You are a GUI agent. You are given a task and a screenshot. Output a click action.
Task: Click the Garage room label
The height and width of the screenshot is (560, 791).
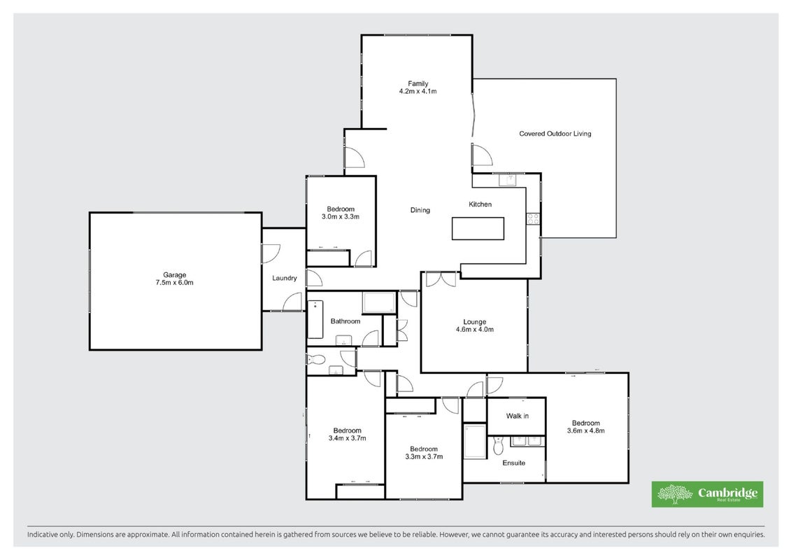click(175, 275)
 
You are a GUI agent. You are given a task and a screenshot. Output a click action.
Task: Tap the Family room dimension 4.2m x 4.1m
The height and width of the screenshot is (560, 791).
click(418, 92)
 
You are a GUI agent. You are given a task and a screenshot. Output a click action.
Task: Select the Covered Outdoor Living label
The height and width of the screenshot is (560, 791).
click(555, 134)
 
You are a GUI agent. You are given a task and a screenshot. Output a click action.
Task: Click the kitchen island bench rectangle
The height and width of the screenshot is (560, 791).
click(478, 227)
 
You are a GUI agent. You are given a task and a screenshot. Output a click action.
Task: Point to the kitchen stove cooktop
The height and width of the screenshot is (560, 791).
click(533, 218)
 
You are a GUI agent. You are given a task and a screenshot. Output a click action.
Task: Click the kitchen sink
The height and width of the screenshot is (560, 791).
click(508, 181)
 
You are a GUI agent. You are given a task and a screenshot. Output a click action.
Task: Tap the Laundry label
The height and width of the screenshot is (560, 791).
click(285, 278)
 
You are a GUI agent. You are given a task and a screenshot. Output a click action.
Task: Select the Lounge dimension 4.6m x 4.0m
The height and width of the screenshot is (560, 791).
click(475, 329)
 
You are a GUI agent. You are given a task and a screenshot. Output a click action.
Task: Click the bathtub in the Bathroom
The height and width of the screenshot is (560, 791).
click(315, 319)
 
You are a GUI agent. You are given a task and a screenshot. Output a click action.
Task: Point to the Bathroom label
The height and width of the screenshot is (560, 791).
click(345, 321)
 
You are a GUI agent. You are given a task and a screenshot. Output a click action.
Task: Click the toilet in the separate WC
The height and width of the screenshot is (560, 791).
click(316, 360)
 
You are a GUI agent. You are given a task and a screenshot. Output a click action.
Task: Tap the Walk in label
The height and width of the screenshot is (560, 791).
click(517, 416)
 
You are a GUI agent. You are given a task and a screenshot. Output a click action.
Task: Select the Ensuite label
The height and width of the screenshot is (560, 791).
click(513, 463)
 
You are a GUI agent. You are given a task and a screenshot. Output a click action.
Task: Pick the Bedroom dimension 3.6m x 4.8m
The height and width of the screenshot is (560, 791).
click(585, 430)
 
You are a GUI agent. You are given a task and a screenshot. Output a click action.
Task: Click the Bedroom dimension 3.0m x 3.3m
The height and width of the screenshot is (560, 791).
click(341, 216)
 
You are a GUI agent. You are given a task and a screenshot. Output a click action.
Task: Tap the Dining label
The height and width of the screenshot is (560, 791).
click(420, 210)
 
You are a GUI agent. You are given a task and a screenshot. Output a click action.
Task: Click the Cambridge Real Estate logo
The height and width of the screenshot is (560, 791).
click(707, 494)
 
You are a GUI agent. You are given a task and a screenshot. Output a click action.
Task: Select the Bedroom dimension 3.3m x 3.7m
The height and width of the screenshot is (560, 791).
click(424, 456)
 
